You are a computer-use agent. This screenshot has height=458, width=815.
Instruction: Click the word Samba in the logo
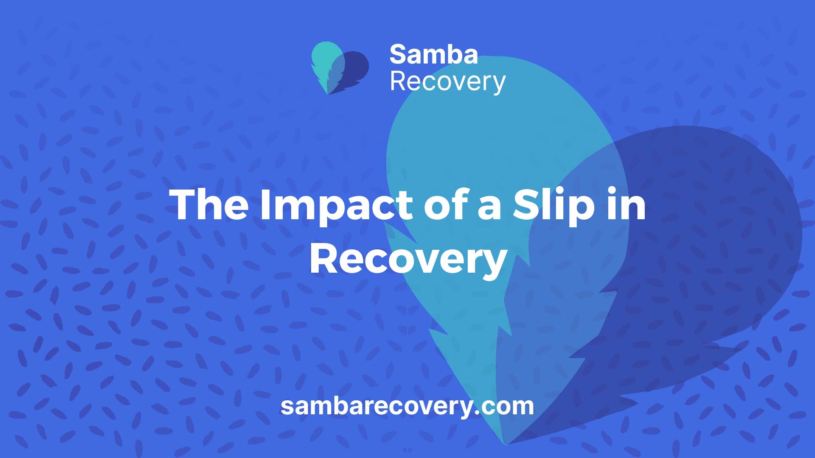[x=433, y=55]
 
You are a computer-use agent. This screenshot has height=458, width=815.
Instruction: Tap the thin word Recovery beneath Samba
[x=448, y=82]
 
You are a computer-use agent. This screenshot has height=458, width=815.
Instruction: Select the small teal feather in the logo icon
[x=327, y=64]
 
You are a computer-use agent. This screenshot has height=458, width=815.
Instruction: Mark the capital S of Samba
[x=399, y=55]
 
